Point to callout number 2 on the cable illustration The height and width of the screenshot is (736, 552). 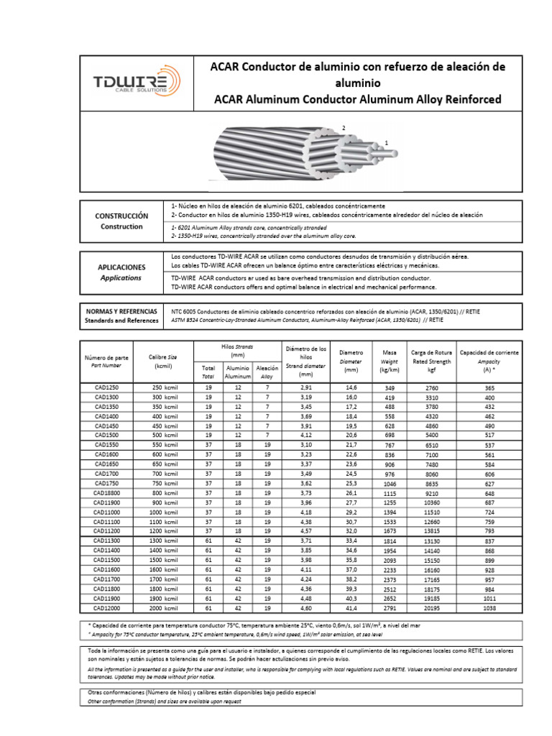[x=344, y=128]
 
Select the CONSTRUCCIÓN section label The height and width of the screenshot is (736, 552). [x=121, y=216]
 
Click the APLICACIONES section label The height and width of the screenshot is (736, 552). [x=121, y=267]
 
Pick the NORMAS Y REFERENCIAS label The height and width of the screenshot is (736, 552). [x=121, y=310]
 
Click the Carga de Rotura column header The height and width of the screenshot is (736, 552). [x=431, y=353]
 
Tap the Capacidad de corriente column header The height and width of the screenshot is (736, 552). [x=489, y=353]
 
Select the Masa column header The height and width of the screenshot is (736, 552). [x=390, y=353]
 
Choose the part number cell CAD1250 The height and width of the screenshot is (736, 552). [x=106, y=387]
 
